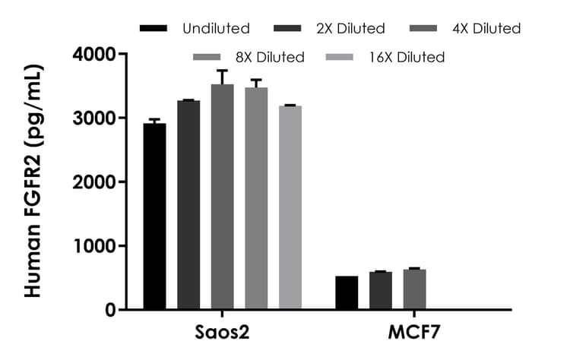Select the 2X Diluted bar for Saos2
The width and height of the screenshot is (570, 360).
pos(188,205)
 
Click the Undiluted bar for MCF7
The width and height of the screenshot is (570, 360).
pos(347,293)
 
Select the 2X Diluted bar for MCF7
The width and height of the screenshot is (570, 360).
pos(381,291)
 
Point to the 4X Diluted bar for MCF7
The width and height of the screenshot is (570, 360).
pos(414,289)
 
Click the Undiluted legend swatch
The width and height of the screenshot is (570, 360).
pos(154,29)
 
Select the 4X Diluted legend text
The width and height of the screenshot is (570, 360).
pos(486,29)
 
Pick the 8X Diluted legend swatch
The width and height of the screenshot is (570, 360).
pos(207,57)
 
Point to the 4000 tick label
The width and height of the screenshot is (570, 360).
pos(94,55)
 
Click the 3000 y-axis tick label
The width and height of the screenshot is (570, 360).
pos(94,118)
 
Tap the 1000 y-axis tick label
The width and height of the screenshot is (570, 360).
pos(94,246)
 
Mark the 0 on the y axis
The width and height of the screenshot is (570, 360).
pos(109,310)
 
